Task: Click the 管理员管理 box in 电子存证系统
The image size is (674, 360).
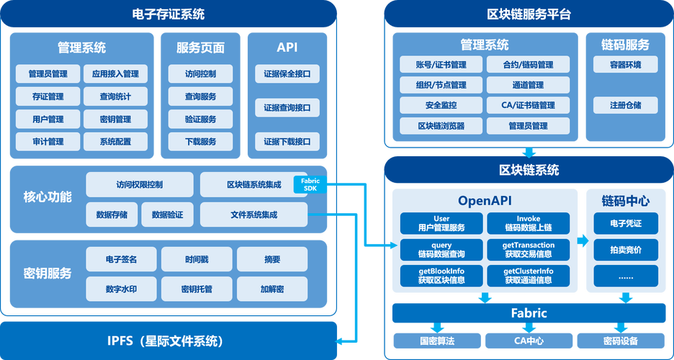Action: point(48,73)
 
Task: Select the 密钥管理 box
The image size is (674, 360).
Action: point(115,119)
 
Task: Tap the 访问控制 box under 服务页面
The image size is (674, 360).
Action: point(200,73)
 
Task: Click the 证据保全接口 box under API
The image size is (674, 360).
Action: point(287,73)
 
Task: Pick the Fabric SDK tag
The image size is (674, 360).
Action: point(310,184)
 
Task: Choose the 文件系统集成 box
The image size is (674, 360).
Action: point(253,214)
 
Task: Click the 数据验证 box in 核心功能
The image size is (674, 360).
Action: point(168,214)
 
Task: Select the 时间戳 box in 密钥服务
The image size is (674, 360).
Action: point(196,259)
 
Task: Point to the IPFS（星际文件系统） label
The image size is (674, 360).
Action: point(169,341)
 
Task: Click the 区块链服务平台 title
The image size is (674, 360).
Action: point(529,14)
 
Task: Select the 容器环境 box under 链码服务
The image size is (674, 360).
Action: point(625,65)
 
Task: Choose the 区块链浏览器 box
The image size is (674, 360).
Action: point(441,126)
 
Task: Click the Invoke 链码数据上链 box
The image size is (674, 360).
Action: point(528,223)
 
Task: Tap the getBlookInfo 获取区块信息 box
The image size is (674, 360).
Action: point(441,275)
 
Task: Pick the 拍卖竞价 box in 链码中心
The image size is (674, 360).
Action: point(625,250)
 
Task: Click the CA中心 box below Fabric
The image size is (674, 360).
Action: point(528,341)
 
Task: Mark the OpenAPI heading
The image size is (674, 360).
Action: point(485,199)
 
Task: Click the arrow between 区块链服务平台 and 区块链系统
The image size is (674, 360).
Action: point(529,151)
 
